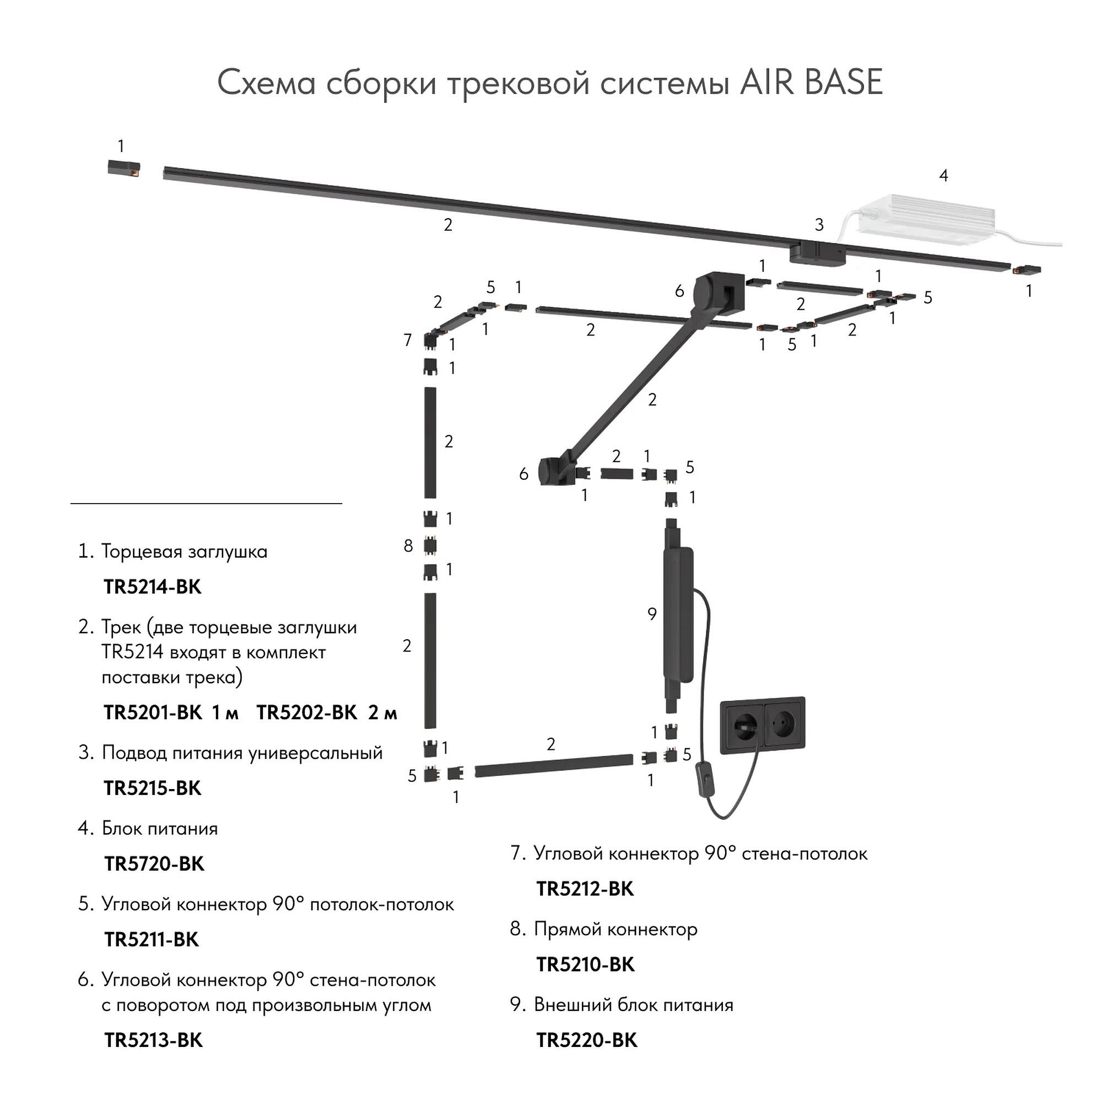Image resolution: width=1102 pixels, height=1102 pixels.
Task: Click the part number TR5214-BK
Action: (152, 587)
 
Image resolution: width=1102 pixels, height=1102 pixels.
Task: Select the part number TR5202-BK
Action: (306, 713)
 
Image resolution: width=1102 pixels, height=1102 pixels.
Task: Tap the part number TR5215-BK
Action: (152, 788)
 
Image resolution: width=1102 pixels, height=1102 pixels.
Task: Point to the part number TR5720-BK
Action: (154, 864)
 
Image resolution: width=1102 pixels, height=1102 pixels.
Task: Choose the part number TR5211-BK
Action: (152, 939)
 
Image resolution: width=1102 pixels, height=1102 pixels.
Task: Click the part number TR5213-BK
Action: (153, 1040)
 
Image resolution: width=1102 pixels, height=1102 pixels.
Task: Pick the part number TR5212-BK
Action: (585, 889)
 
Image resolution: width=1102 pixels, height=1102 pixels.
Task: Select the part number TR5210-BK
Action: (585, 965)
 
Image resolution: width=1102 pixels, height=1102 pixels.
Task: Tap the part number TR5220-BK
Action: (587, 1040)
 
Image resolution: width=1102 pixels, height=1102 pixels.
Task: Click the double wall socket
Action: (763, 726)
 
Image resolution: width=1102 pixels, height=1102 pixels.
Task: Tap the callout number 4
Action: (944, 176)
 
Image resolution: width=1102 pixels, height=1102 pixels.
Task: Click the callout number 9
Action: (652, 614)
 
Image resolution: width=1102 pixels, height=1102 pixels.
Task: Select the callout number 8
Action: (408, 547)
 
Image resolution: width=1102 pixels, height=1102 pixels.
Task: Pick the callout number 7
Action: (408, 341)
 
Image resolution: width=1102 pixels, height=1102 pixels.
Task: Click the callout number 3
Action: (819, 225)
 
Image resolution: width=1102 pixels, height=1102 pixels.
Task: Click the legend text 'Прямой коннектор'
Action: (616, 929)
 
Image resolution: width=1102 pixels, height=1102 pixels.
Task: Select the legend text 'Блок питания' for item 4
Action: (160, 828)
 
